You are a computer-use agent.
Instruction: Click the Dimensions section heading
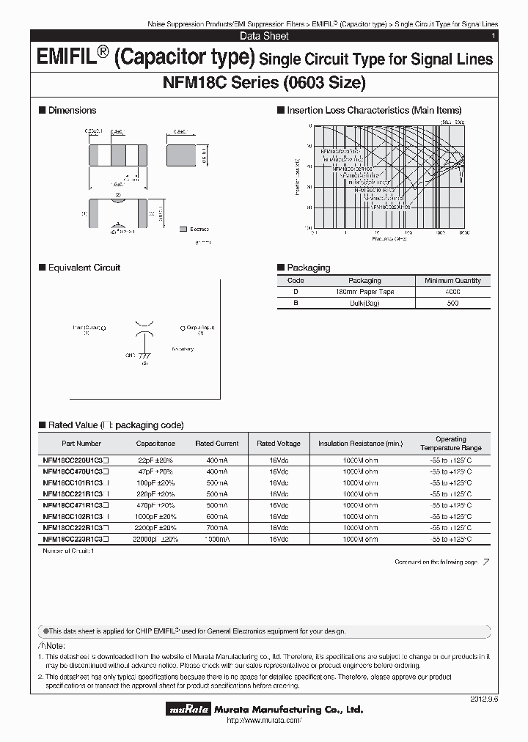(72, 110)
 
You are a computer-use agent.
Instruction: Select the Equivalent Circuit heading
(84, 268)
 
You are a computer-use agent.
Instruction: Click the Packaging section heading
(308, 268)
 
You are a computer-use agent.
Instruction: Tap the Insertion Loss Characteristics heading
(374, 110)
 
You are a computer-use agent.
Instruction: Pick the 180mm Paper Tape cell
(364, 292)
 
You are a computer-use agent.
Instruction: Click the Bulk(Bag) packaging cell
(364, 303)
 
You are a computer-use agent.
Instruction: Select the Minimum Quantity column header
(452, 280)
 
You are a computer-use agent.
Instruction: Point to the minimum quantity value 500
(452, 303)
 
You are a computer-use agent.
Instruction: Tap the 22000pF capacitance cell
(155, 538)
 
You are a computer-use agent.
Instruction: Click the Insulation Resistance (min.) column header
(360, 444)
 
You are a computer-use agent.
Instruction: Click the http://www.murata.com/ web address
(263, 721)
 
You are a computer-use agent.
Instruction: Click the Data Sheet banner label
(264, 36)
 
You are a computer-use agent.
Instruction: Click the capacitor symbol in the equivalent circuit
(144, 328)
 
